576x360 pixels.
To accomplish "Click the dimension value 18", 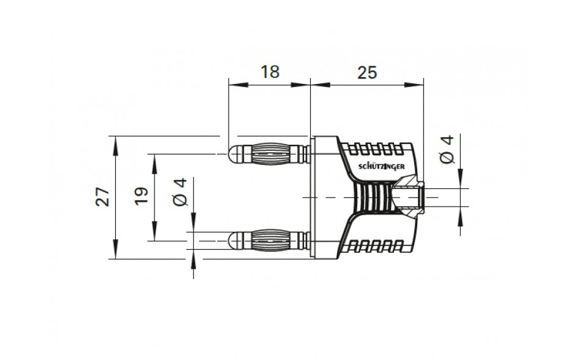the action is click(270, 72).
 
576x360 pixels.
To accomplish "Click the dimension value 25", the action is click(367, 73).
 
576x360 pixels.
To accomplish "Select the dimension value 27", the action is click(103, 197).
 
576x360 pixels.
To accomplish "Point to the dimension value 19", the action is click(141, 196).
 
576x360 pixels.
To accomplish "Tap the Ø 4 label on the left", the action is click(180, 192).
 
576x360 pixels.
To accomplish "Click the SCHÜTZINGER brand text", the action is click(381, 166).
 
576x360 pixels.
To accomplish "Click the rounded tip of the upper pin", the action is click(233, 154).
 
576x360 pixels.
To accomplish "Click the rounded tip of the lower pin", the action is click(233, 240).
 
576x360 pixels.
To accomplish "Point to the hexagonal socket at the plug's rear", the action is click(409, 197).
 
